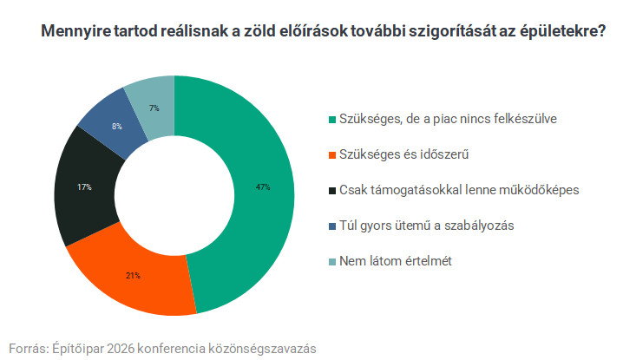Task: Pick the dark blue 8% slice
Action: (x=108, y=121)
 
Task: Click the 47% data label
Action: (x=263, y=187)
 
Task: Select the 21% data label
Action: (x=133, y=276)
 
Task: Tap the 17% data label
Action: (x=84, y=187)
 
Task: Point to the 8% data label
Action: (x=116, y=127)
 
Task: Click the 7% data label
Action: (x=154, y=108)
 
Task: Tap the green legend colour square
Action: (x=331, y=119)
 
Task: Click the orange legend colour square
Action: (x=331, y=154)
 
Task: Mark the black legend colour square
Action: (x=331, y=190)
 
